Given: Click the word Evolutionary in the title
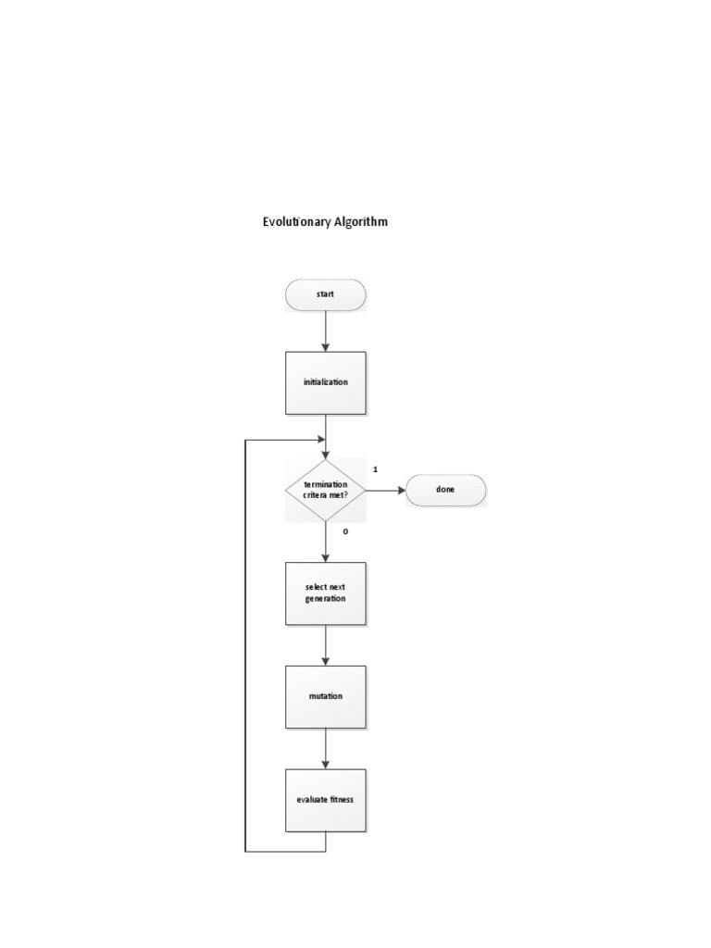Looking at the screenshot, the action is [x=296, y=222].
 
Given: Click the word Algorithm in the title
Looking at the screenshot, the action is [x=361, y=222].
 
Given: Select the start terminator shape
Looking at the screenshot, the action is [x=325, y=295].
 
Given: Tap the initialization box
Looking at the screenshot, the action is [x=325, y=382].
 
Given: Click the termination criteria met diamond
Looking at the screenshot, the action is [x=325, y=491].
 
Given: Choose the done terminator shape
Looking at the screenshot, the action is [x=445, y=490].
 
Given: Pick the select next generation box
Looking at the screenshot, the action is [x=325, y=593].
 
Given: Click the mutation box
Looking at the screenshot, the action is [x=325, y=696].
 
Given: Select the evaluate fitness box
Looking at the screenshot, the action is [x=325, y=800].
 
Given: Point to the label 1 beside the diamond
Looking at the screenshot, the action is [x=376, y=469].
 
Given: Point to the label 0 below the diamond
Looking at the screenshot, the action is [x=346, y=531].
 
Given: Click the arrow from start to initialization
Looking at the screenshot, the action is [x=325, y=331].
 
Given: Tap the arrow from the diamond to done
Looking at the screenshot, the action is [x=386, y=491].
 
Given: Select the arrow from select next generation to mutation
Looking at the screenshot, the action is [x=325, y=645].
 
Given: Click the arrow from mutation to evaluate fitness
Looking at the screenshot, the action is [x=325, y=748].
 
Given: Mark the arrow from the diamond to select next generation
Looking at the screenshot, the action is [x=325, y=542].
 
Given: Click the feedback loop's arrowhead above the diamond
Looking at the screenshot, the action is [x=321, y=440].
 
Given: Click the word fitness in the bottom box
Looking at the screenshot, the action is [x=342, y=799].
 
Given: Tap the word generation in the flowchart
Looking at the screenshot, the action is [x=325, y=599].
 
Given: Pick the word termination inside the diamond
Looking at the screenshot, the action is [x=326, y=484].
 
